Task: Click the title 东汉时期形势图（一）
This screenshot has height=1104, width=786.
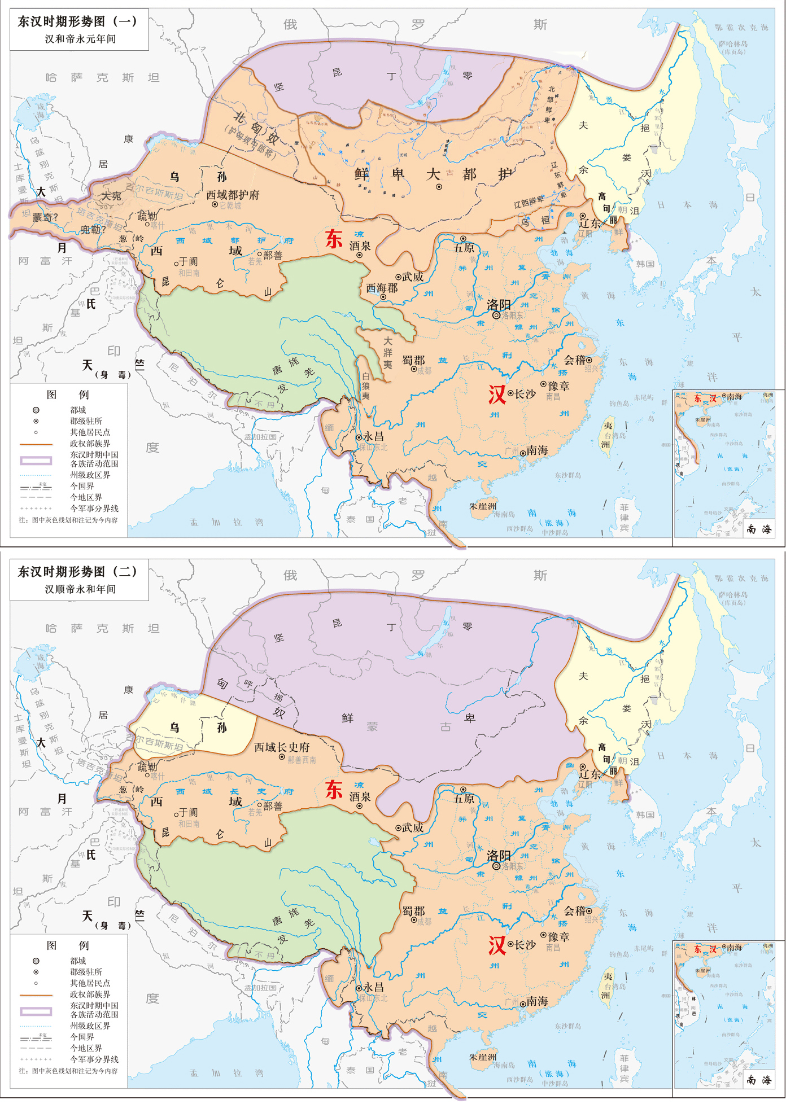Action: tap(77, 21)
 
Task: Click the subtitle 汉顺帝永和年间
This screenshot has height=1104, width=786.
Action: tap(80, 589)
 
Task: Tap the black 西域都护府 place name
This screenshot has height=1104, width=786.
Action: tap(233, 195)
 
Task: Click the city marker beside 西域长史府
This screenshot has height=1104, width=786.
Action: tap(282, 757)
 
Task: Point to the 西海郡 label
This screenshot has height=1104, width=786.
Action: tap(382, 288)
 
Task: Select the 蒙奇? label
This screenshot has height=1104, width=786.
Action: tap(45, 217)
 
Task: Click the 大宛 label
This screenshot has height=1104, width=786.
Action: tap(111, 196)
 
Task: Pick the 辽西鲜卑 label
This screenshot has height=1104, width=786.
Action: tap(529, 201)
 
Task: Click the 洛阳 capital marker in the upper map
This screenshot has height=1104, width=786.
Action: tap(496, 316)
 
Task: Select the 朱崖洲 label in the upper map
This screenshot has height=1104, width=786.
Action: tap(483, 506)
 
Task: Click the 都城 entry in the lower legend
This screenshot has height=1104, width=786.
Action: tap(78, 961)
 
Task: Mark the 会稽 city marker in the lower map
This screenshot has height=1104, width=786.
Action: tap(589, 910)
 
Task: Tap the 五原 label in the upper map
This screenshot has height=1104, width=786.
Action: tap(464, 248)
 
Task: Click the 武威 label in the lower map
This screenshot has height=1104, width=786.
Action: tap(413, 827)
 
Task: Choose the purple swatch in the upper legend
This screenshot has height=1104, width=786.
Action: tap(36, 460)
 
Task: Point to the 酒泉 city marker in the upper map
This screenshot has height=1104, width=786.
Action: tap(359, 255)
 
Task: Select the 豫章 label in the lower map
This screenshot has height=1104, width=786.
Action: tap(559, 936)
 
